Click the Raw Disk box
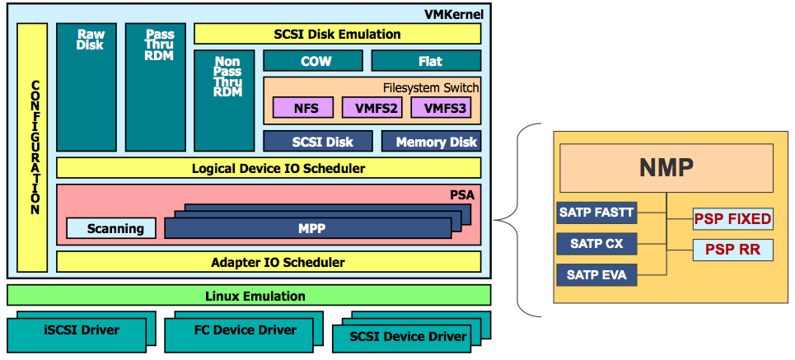click(x=87, y=86)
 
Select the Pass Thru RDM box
click(x=156, y=86)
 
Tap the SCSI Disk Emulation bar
click(x=337, y=34)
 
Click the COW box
click(x=312, y=61)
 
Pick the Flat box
click(x=426, y=61)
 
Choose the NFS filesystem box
click(x=302, y=108)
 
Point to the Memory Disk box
click(x=431, y=142)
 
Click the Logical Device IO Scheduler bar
click(x=268, y=168)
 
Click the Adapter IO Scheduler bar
click(x=268, y=262)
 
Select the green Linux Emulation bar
click(x=249, y=296)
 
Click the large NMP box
click(x=666, y=169)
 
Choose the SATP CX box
click(x=597, y=245)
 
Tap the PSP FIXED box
click(x=732, y=219)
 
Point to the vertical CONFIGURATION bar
click(x=32, y=147)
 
